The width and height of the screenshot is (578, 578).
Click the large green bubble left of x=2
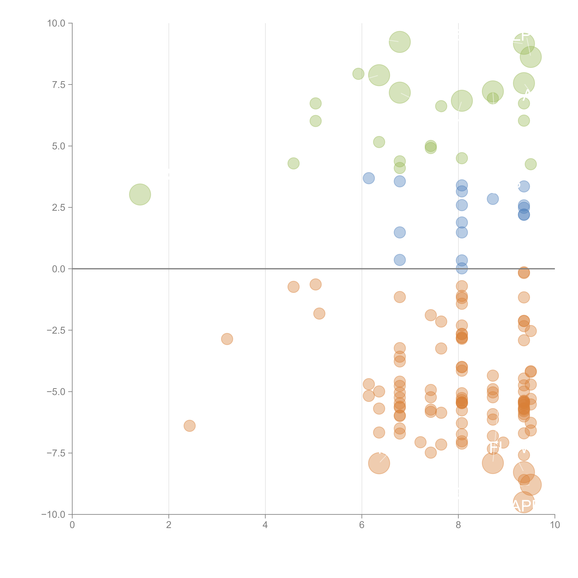140,194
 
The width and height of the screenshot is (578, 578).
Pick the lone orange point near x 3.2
227,339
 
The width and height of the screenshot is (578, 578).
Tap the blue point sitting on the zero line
462,269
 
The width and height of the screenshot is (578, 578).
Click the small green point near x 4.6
294,163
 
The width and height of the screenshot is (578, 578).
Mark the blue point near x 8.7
493,199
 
